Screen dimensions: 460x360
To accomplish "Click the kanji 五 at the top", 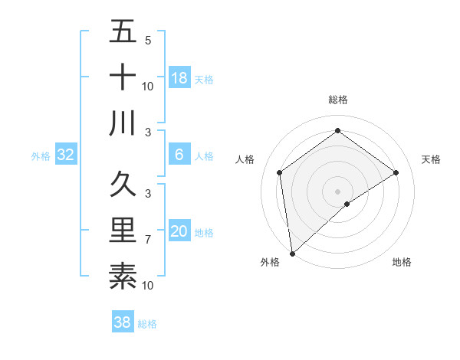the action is click(x=123, y=32).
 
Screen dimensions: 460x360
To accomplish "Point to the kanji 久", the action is click(x=123, y=185).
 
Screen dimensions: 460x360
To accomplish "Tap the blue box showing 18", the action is click(x=179, y=78).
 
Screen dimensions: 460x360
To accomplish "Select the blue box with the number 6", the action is click(x=179, y=155).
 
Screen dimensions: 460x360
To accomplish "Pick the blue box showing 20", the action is click(x=179, y=231).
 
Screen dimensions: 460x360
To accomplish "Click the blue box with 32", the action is click(x=66, y=155).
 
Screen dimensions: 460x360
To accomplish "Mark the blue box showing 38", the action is click(x=123, y=322).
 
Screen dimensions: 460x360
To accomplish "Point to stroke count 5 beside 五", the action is click(x=148, y=41).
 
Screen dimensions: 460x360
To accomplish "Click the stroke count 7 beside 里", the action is click(x=148, y=240).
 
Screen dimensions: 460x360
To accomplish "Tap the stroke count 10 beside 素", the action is click(x=148, y=286).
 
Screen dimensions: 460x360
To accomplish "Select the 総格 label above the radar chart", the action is click(x=338, y=100).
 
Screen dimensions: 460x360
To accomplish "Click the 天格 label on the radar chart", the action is click(x=432, y=159).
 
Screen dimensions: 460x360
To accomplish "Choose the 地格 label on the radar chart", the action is click(x=402, y=263).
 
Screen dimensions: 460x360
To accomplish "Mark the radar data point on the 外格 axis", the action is click(x=292, y=253).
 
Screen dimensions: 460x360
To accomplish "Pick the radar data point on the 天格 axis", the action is click(x=396, y=172).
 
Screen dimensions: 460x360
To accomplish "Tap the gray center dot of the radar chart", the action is click(x=337, y=190).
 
